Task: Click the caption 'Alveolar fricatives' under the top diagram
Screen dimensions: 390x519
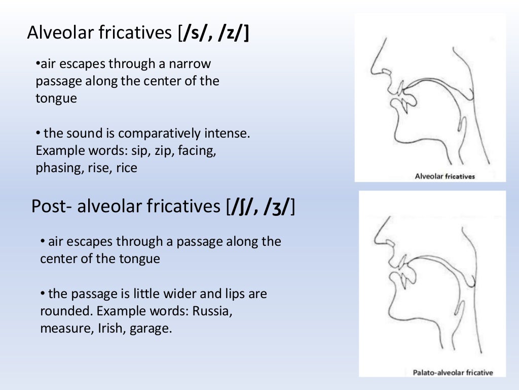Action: (x=444, y=176)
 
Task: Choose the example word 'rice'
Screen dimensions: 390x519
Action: (x=127, y=168)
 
